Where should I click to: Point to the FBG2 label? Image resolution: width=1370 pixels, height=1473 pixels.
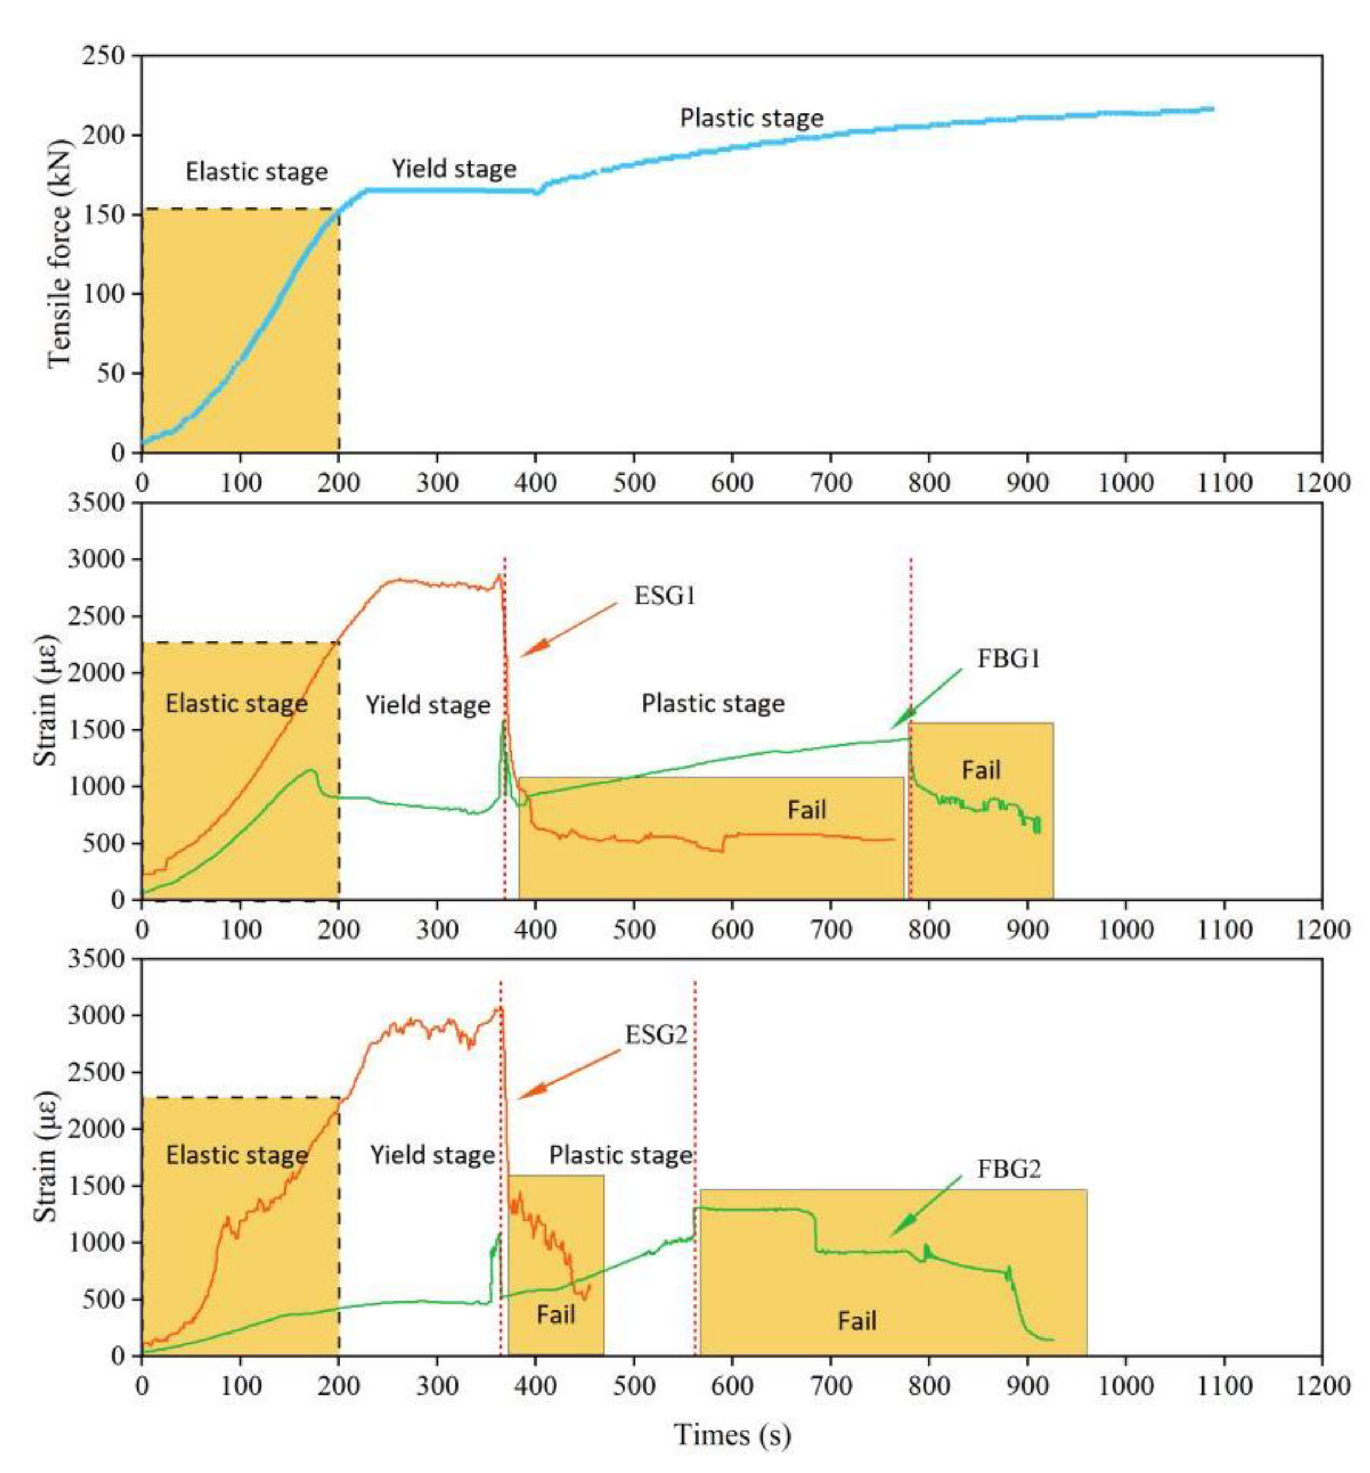coord(1008,1169)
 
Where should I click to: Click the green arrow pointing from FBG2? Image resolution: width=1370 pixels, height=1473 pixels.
coord(925,1206)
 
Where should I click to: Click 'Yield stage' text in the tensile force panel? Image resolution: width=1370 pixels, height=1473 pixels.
coord(454,169)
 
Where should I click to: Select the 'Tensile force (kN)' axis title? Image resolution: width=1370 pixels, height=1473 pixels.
coord(59,253)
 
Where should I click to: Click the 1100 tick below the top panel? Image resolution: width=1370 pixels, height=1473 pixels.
coord(1223,483)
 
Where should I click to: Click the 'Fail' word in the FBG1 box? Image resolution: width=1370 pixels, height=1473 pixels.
coord(980,770)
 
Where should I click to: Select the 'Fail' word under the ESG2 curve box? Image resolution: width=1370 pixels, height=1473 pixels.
coord(556,1314)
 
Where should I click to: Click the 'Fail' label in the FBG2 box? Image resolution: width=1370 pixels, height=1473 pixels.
coord(857,1321)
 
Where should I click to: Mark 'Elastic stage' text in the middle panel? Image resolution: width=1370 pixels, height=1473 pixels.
coord(236,703)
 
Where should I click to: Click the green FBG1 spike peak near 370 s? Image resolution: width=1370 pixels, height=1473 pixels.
coord(504,720)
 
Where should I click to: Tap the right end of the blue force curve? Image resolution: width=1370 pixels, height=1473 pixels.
coord(1211,109)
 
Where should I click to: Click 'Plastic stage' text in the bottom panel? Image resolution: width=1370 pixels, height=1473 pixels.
coord(620,1155)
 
